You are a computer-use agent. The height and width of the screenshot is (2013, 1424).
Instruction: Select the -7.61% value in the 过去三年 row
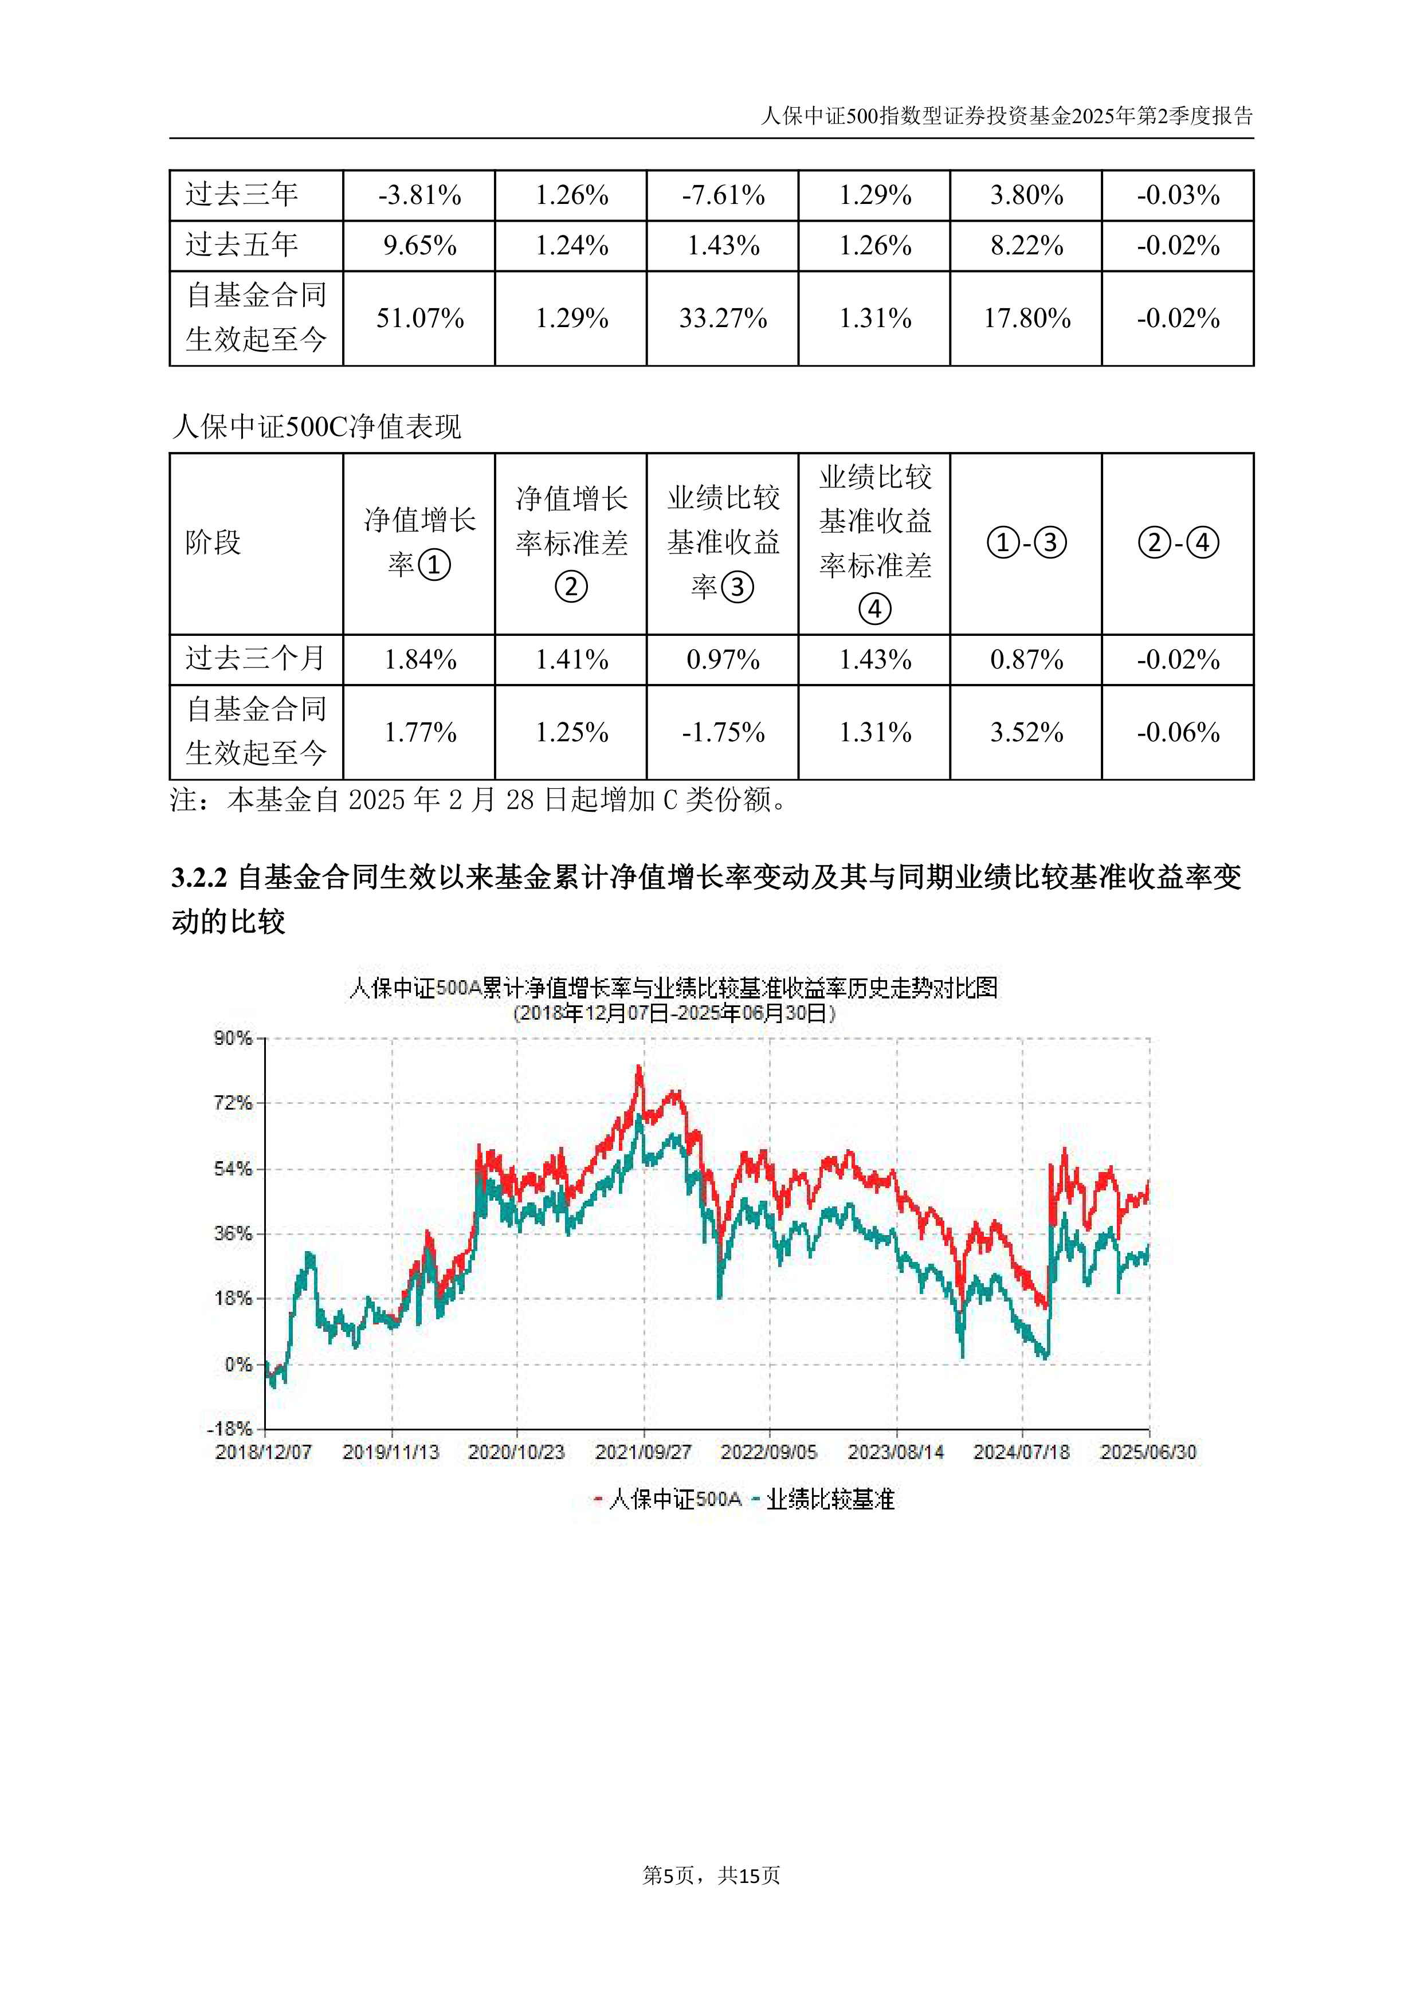point(723,195)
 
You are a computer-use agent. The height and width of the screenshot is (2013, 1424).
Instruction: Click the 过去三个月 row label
point(255,658)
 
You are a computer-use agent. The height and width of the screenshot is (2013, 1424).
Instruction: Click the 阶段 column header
point(213,542)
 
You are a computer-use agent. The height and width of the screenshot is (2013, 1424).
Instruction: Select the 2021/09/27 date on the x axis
point(643,1452)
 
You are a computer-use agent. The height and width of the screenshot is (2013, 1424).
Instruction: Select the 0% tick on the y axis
point(238,1364)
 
